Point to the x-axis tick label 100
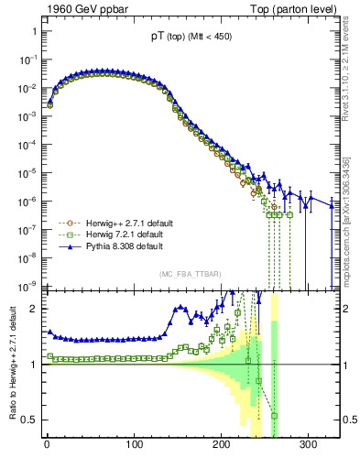135,442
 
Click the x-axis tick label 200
222,442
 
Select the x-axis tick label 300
309,442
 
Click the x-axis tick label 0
47,442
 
